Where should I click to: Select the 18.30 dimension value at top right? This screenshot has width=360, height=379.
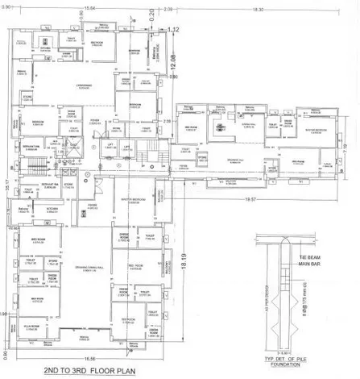(x=258, y=10)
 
